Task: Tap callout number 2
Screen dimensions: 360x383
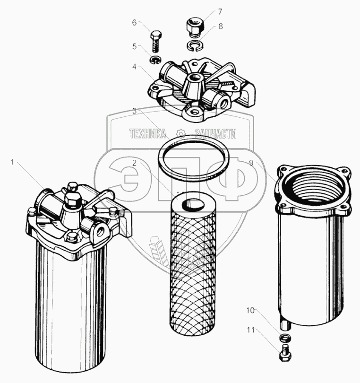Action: pyautogui.click(x=135, y=162)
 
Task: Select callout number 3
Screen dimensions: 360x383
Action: pyautogui.click(x=135, y=111)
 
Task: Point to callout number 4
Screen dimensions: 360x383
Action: pyautogui.click(x=135, y=67)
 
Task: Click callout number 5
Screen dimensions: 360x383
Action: pyautogui.click(x=135, y=46)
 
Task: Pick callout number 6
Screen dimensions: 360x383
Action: pyautogui.click(x=135, y=22)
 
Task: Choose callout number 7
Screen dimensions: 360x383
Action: pyautogui.click(x=220, y=11)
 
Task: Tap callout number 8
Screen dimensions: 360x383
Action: pyautogui.click(x=220, y=27)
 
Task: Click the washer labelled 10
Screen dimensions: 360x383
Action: pyautogui.click(x=283, y=337)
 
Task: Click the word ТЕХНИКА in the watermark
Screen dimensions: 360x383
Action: pyautogui.click(x=148, y=134)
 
